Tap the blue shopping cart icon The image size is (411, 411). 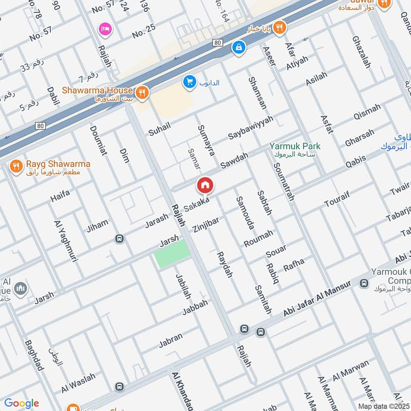pos(190,82)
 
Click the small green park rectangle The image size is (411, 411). pos(173,254)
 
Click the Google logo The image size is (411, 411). pos(22,403)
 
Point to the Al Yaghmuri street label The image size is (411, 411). pos(65,241)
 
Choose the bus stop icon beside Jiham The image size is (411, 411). pos(120,238)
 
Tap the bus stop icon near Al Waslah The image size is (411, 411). pos(120,386)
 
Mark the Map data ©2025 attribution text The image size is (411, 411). pos(383,406)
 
